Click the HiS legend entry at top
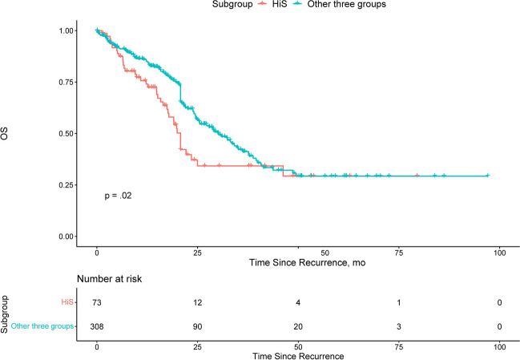point(272,4)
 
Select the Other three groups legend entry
point(340,4)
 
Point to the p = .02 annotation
point(118,196)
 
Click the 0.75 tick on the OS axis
point(66,82)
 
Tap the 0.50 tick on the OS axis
point(66,133)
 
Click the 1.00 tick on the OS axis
point(66,30)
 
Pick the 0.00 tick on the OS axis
point(66,237)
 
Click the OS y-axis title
point(4,133)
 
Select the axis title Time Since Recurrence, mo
point(308,263)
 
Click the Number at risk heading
point(110,279)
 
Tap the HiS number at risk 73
point(97,302)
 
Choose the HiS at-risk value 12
point(197,302)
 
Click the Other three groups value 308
point(97,327)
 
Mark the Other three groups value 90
point(197,327)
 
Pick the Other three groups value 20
point(298,327)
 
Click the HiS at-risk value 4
point(298,302)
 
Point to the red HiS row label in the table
point(67,302)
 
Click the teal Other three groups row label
point(42,326)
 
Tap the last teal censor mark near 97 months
point(487,176)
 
